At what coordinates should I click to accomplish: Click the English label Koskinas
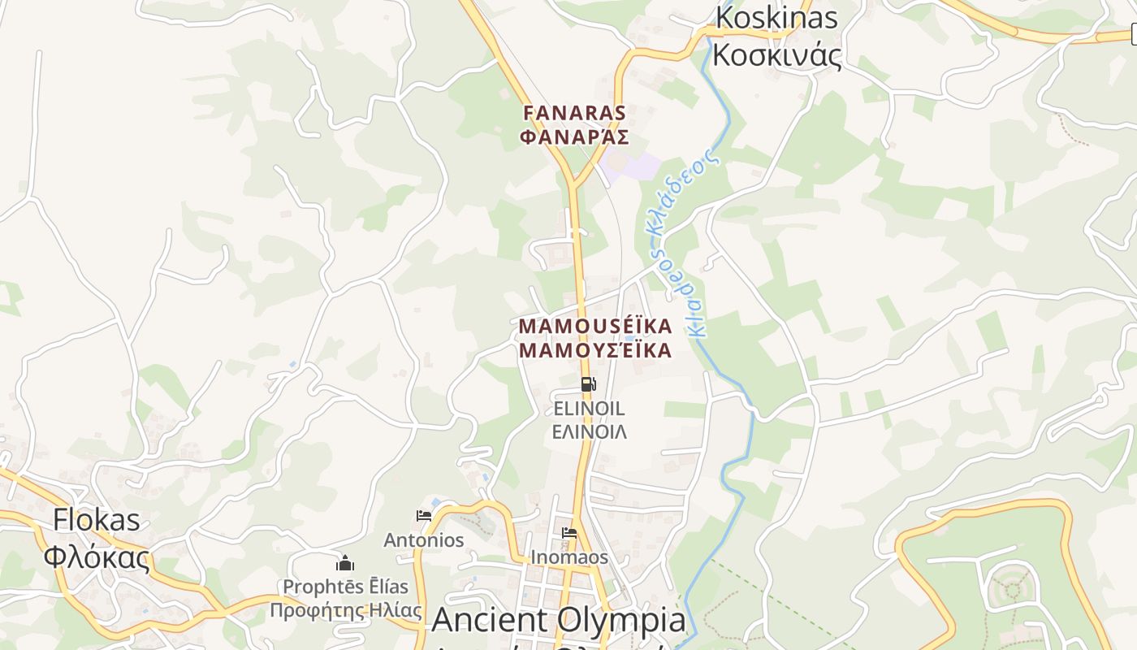pos(776,17)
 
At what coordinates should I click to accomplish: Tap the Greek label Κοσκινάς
pos(776,54)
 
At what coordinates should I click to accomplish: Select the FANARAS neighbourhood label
pos(575,112)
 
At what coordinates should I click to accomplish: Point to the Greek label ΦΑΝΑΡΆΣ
pos(575,136)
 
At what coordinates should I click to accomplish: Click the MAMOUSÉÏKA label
pos(595,326)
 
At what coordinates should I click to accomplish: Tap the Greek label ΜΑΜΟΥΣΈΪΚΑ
pos(595,350)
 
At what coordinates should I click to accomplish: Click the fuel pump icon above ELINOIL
pos(589,384)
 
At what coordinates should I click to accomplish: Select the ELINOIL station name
pos(589,408)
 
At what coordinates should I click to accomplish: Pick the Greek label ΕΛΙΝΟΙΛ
pos(589,431)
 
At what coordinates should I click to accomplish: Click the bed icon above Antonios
pos(423,515)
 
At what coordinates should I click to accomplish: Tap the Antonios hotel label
pos(423,539)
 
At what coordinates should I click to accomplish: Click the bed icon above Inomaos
pos(569,534)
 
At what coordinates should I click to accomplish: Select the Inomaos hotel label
pos(569,557)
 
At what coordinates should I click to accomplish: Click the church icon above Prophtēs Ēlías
pos(345,563)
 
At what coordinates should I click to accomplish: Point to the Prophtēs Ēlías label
pos(345,586)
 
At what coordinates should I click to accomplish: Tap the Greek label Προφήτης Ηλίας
pos(345,610)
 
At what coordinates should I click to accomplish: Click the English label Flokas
pos(97,520)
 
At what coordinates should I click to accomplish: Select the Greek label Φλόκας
pos(97,557)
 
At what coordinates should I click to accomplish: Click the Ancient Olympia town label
pos(559,621)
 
